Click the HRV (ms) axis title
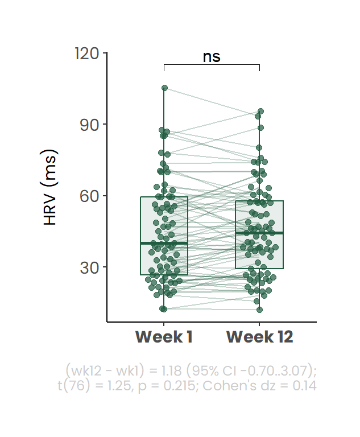pyautogui.click(x=51, y=188)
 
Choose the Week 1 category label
pyautogui.click(x=164, y=337)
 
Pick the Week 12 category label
pyautogui.click(x=259, y=337)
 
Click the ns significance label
pyautogui.click(x=212, y=57)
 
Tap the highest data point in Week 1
pyautogui.click(x=164, y=88)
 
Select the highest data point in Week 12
pyautogui.click(x=260, y=112)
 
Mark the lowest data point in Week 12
pyautogui.click(x=259, y=310)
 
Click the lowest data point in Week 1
pyautogui.click(x=163, y=309)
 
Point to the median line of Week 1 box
pyautogui.click(x=164, y=243)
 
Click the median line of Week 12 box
pyautogui.click(x=259, y=233)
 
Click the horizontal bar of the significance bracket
pyautogui.click(x=212, y=65)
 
